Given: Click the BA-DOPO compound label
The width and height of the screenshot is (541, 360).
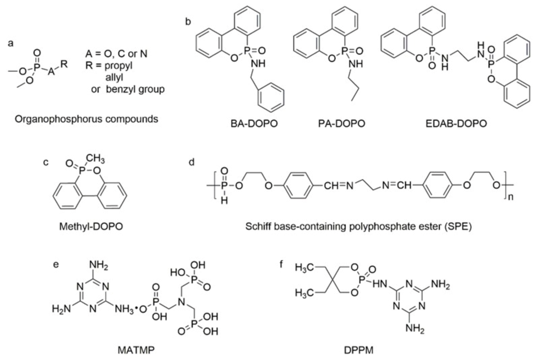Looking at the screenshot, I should pos(254,123).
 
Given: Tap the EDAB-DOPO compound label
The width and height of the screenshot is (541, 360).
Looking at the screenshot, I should pos(456,123).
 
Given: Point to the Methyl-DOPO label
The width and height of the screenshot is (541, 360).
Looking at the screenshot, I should pos(91,226).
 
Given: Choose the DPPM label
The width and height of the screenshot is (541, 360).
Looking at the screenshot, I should pos(359,350).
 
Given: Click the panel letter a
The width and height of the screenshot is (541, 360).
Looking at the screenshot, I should pos(11,43).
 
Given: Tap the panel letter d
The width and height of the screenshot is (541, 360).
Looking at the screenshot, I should pos(191,162).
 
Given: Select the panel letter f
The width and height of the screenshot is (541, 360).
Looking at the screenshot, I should pos(281,265).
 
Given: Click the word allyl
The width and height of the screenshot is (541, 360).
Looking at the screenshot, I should pos(114,78).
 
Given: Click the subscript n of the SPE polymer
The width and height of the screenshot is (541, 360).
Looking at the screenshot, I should pos(510,196).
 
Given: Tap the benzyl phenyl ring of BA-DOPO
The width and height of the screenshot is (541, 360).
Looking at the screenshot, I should pos(271,98).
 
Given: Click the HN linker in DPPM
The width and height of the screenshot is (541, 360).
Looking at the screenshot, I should pos(380,284).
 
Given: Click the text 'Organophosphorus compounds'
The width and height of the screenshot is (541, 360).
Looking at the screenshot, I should pos(86,119).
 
